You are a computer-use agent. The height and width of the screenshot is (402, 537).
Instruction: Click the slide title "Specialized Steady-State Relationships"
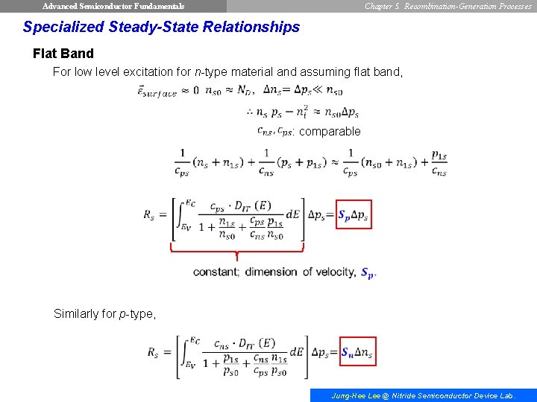[161, 28]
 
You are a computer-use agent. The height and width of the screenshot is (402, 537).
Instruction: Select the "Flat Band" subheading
[63, 54]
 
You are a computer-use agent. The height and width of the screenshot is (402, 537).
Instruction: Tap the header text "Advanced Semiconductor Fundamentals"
[113, 6]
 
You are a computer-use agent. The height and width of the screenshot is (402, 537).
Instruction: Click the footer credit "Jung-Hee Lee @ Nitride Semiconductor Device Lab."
[423, 396]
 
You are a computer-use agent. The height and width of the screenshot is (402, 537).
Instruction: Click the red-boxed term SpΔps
[354, 216]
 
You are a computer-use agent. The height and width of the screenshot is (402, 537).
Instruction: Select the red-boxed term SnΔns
[357, 351]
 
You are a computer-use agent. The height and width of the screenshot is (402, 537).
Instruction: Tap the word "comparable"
[330, 132]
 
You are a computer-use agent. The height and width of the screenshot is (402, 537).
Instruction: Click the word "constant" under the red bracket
[216, 272]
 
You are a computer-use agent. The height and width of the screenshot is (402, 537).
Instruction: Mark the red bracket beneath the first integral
[237, 251]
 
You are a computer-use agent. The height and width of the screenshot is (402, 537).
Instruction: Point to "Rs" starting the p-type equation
[152, 351]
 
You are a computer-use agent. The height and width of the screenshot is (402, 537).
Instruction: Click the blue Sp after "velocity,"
[368, 272]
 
